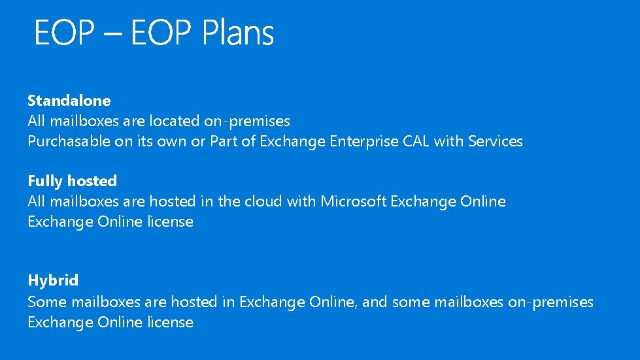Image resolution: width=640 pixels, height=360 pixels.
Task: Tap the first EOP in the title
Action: (x=64, y=33)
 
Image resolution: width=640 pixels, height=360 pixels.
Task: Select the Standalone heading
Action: (x=69, y=101)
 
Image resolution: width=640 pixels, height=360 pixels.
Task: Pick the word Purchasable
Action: (x=69, y=141)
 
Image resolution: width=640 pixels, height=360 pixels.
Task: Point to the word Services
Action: (x=496, y=141)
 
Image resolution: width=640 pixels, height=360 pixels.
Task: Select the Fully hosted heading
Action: (x=72, y=181)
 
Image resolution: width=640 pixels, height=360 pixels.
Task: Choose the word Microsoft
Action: (x=353, y=201)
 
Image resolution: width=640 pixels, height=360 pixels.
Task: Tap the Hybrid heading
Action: (x=53, y=281)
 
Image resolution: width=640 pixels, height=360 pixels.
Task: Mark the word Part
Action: (x=224, y=141)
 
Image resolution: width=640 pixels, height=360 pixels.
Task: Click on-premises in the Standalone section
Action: (x=246, y=121)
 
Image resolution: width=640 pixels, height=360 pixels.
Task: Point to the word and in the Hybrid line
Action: (x=375, y=302)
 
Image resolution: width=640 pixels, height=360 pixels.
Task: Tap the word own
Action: (x=173, y=141)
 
